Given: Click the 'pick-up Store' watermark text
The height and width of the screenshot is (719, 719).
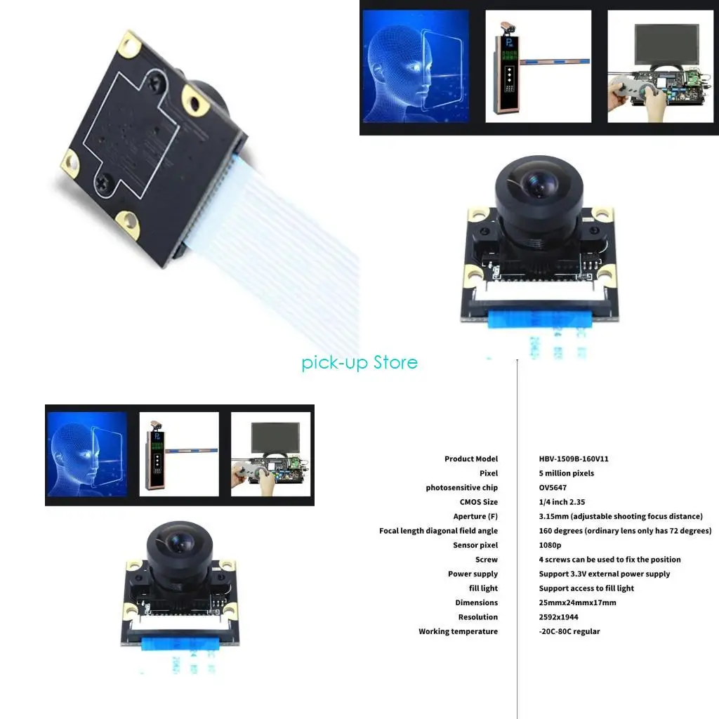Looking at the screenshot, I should pos(359,362).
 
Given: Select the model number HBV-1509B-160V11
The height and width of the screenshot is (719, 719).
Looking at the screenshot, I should pos(574,459).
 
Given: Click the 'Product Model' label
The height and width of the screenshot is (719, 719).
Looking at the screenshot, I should pos(470,459).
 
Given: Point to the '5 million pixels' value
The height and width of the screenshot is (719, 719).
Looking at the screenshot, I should pos(566,473).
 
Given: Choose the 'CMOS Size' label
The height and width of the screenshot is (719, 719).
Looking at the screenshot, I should pos(478,502).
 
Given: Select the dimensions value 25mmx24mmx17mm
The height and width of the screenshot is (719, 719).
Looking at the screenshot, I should pos(577,602).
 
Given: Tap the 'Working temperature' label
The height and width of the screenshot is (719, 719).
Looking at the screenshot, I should pos(458,631).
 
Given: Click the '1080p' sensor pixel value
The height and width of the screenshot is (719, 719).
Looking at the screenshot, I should pos(550,545).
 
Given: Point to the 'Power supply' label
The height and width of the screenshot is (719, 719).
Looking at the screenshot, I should pos(473,574).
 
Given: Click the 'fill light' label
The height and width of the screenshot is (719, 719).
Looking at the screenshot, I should pos(483,588).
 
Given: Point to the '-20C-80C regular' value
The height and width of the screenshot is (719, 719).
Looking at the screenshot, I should pos(569,631).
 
